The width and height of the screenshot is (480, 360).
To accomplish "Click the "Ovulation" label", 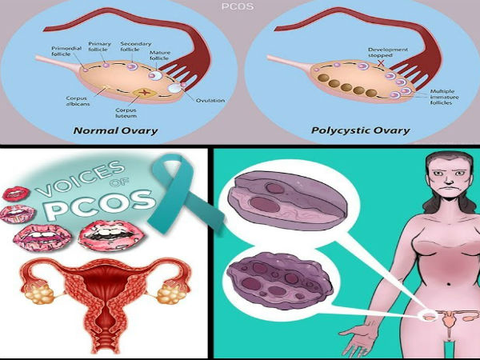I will [210, 100].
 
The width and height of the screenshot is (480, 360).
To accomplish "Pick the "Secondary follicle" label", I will [134, 46].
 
